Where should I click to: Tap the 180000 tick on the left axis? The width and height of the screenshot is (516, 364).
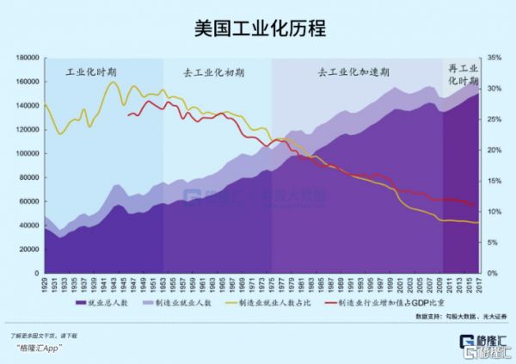tap(28, 57)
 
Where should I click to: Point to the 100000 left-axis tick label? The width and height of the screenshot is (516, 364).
tap(28, 152)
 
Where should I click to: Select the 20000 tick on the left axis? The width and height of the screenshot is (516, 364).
tap(31, 249)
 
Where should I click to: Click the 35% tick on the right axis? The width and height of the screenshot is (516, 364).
tap(493, 57)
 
